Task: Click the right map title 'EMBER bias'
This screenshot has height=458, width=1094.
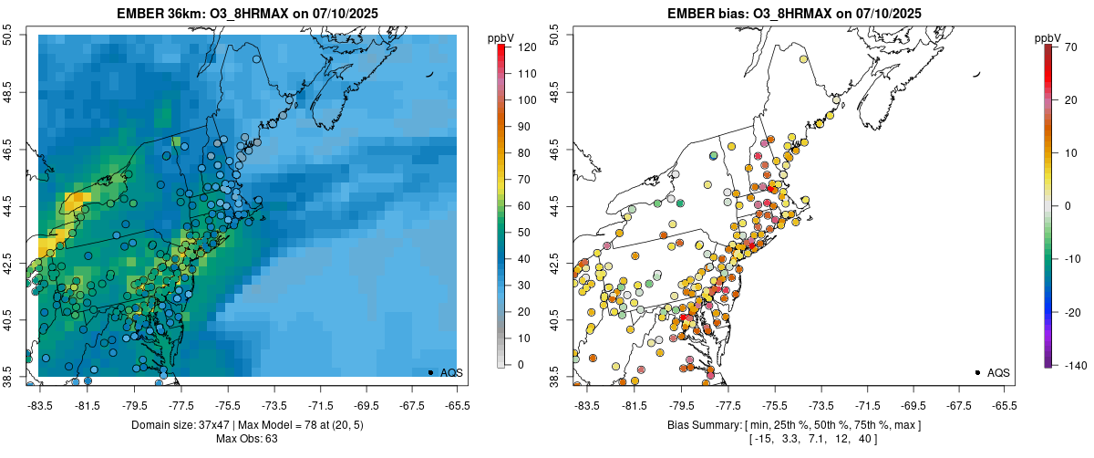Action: click(x=704, y=14)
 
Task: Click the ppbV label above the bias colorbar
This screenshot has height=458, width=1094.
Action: click(x=1048, y=37)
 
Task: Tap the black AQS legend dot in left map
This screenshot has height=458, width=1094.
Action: click(x=430, y=372)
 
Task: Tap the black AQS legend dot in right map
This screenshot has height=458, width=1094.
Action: click(x=977, y=372)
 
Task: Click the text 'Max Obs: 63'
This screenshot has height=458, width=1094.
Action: click(x=246, y=439)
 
